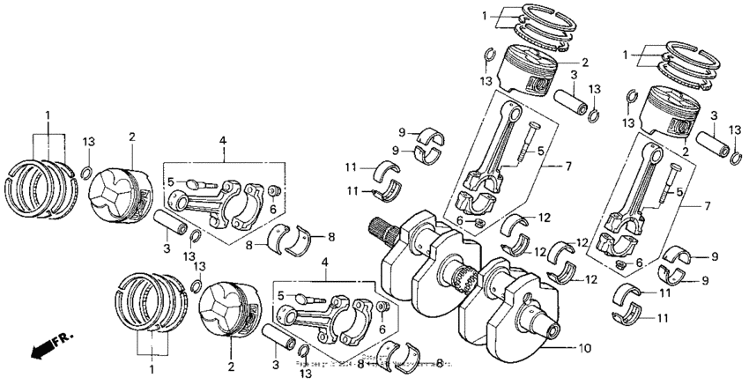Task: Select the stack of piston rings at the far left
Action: [x=41, y=187]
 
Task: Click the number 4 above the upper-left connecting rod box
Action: [x=223, y=141]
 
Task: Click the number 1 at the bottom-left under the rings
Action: [x=151, y=368]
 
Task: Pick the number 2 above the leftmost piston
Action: [x=131, y=137]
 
